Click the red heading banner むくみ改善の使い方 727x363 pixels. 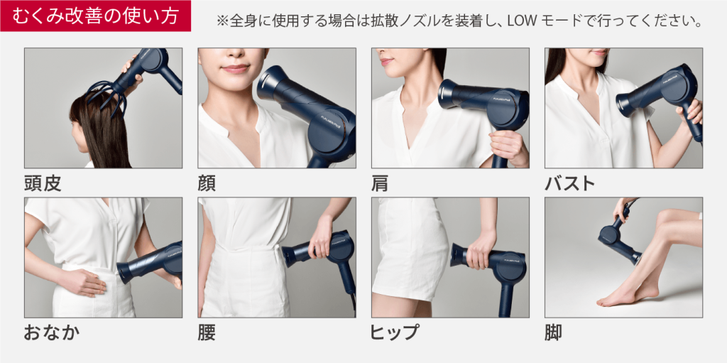click(96, 16)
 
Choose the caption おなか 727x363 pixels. click(51, 333)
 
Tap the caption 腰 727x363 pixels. click(207, 333)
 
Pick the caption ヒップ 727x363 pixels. click(395, 333)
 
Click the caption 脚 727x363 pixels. click(554, 333)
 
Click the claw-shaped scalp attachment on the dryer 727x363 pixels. click(107, 94)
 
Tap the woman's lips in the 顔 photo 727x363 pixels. click(236, 69)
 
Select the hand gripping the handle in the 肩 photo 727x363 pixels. click(509, 147)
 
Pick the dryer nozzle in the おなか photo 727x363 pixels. click(126, 272)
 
